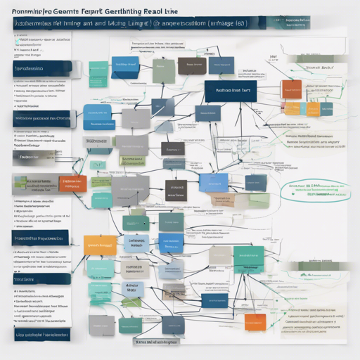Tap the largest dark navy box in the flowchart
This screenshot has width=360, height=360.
(231, 91)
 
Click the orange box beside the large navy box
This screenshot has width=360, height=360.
(291, 89)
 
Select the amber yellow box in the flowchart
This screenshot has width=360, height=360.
(100, 245)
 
